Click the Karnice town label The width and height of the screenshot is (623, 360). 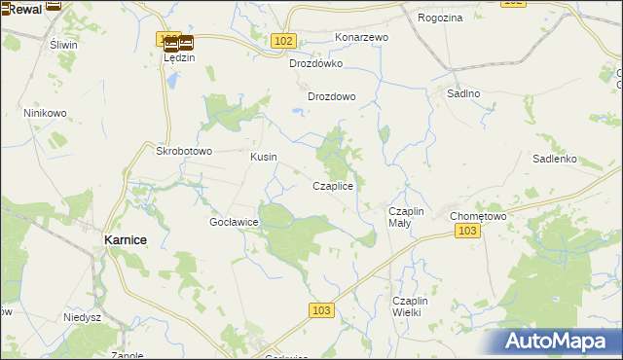click(x=126, y=238)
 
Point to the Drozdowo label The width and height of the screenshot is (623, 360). click(x=332, y=96)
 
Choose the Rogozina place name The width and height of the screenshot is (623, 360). click(x=440, y=18)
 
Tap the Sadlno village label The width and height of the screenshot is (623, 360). click(x=463, y=93)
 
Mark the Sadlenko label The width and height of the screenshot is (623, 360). click(x=556, y=159)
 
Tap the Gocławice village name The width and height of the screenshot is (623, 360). click(x=234, y=222)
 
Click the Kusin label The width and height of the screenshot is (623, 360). click(x=263, y=157)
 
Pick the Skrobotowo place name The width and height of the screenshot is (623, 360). click(x=184, y=152)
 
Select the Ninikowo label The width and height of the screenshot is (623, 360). click(x=45, y=113)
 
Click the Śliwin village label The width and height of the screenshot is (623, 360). click(x=62, y=45)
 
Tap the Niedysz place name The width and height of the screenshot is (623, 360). click(x=83, y=317)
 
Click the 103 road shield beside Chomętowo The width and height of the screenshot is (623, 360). click(x=467, y=230)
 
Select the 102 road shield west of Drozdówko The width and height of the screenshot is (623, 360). click(x=283, y=40)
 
